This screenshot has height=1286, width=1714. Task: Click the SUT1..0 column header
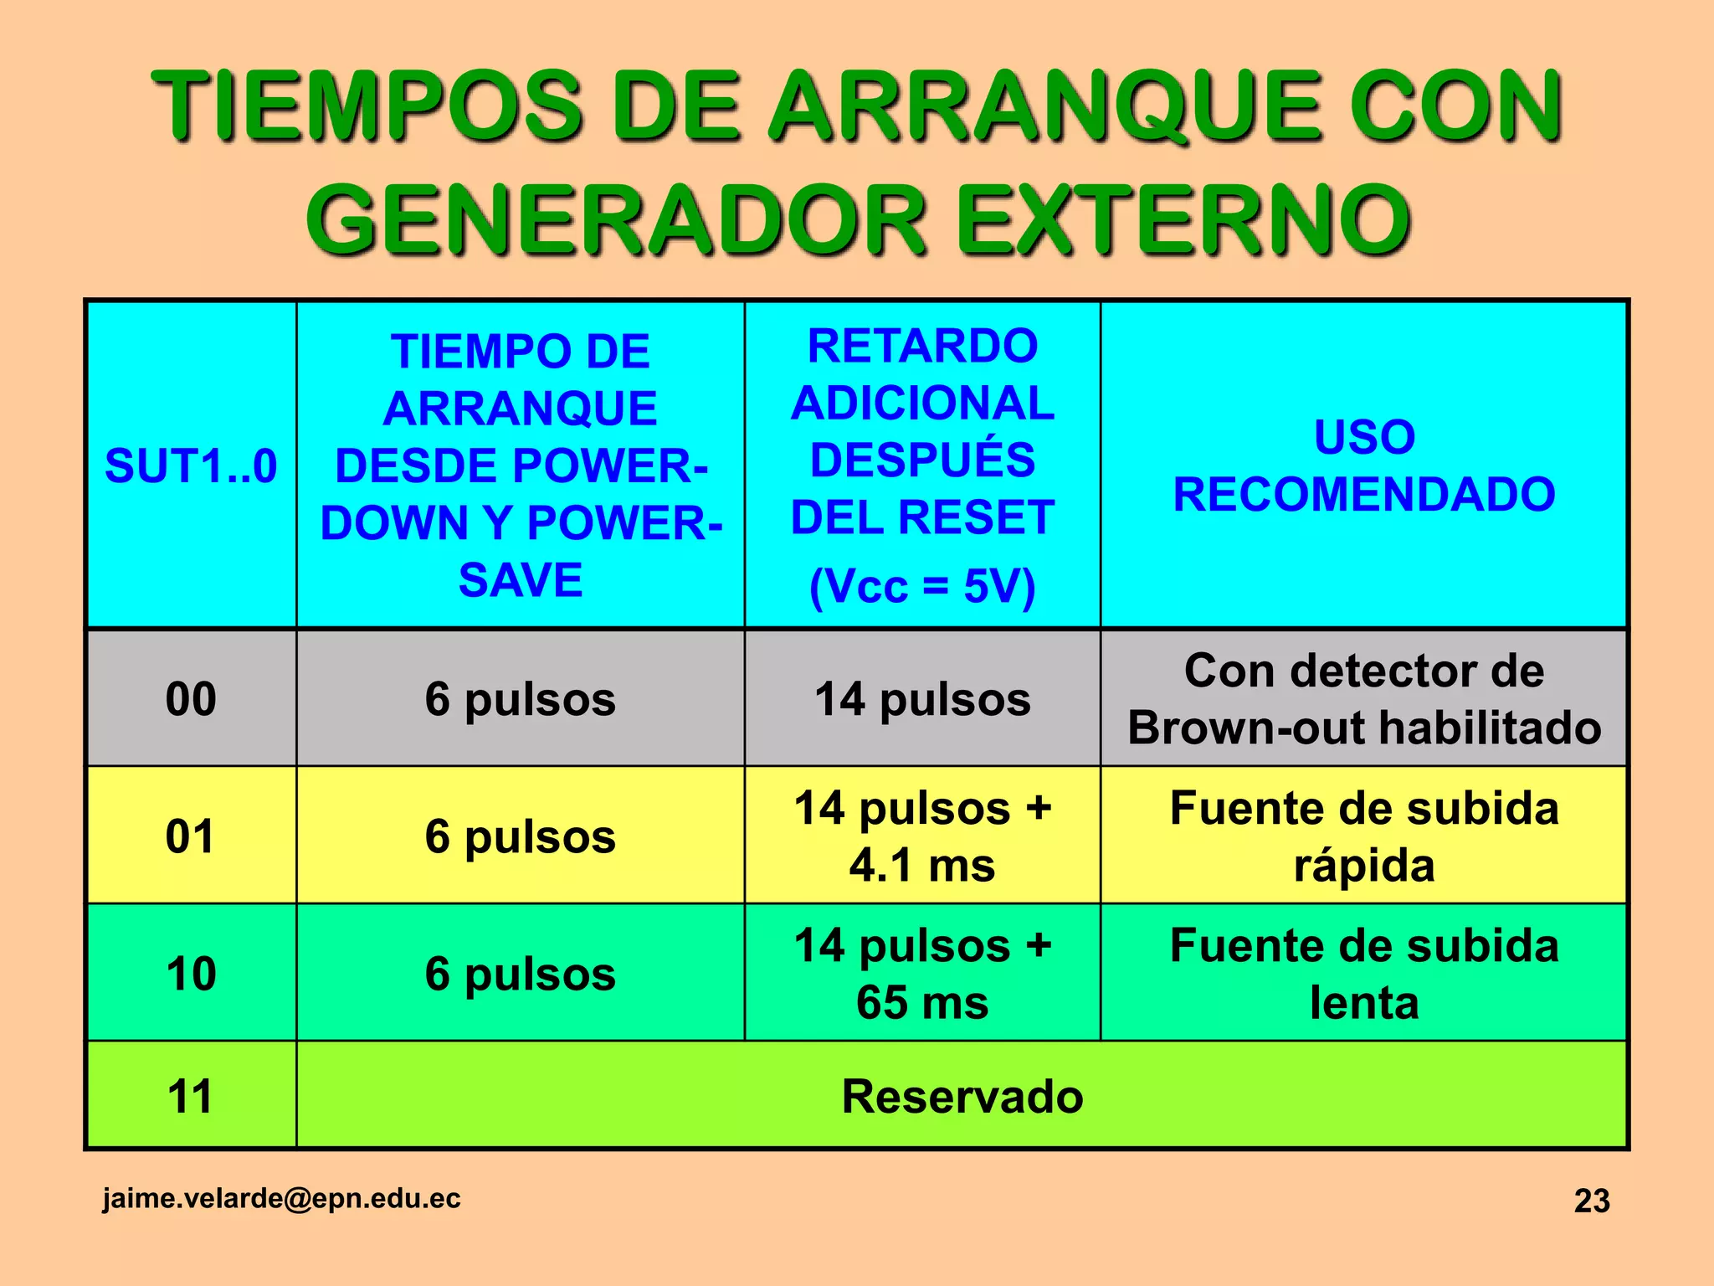(191, 466)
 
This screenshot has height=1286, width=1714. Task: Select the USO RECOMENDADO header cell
(1364, 466)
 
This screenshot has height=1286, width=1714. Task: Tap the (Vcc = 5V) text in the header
(922, 586)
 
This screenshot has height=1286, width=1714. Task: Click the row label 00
(191, 699)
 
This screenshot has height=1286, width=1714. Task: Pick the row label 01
(191, 836)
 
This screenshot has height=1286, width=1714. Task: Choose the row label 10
(191, 974)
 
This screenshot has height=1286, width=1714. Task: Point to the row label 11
(191, 1096)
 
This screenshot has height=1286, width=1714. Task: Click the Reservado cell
(962, 1096)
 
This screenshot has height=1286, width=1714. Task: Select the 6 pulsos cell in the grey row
(520, 699)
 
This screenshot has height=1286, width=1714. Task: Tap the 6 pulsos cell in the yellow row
(520, 836)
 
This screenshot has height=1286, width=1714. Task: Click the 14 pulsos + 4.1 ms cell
(922, 836)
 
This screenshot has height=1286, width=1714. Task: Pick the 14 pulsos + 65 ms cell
(922, 974)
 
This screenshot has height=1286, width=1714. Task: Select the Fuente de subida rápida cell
(1364, 836)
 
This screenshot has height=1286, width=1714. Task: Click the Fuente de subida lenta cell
(1364, 974)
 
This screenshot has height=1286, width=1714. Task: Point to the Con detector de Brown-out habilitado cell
(1364, 699)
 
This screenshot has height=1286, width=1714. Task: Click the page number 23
(1592, 1201)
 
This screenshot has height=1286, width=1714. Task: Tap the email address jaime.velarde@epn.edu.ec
(281, 1198)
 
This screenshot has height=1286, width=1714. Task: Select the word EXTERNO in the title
(1183, 220)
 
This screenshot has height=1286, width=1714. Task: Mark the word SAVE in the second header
(520, 580)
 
